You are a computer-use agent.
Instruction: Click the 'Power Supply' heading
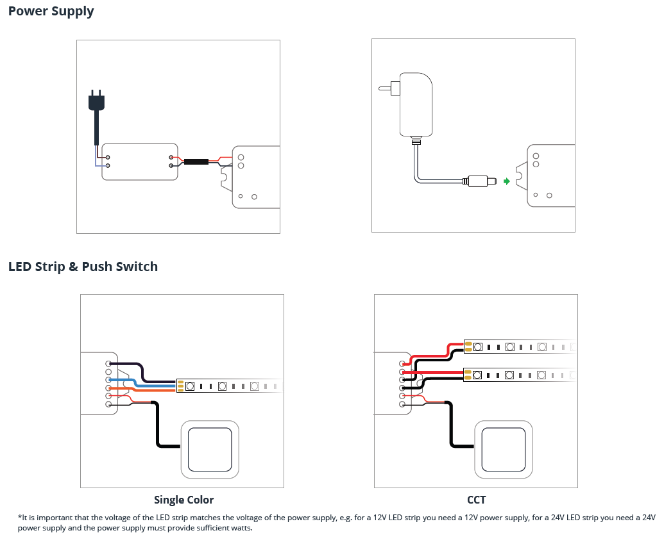pyautogui.click(x=51, y=12)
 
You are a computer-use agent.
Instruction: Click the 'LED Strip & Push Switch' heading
pyautogui.click(x=83, y=267)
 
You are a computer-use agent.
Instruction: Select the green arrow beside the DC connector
pyautogui.click(x=506, y=181)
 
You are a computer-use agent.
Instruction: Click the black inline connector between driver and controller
pyautogui.click(x=196, y=161)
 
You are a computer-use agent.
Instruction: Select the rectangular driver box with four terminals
pyautogui.click(x=139, y=161)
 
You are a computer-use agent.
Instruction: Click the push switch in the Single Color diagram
pyautogui.click(x=210, y=449)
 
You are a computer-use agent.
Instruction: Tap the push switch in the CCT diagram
pyautogui.click(x=504, y=449)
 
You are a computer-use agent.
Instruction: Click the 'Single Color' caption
pyautogui.click(x=183, y=500)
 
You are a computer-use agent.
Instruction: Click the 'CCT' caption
pyautogui.click(x=476, y=500)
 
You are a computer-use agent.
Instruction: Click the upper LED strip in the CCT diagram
pyautogui.click(x=520, y=347)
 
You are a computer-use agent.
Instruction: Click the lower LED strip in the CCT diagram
pyautogui.click(x=520, y=374)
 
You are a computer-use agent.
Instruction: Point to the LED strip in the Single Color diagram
pyautogui.click(x=228, y=386)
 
